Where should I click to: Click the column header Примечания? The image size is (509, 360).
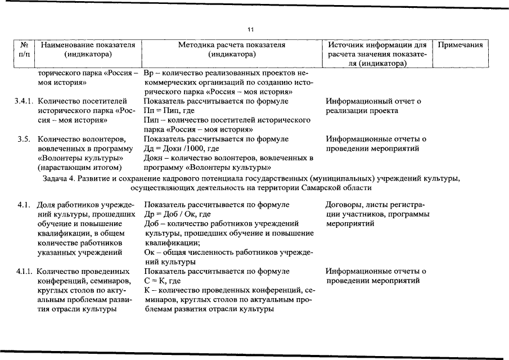tap(460, 44)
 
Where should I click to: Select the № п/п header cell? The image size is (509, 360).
tap(24, 49)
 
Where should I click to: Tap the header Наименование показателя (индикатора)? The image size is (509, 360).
tap(89, 49)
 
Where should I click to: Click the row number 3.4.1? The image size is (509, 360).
tap(24, 101)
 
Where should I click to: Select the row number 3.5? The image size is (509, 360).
tap(24, 139)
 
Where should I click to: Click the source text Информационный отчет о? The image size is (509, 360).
tap(373, 101)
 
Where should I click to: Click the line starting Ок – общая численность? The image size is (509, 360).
tap(228, 253)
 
